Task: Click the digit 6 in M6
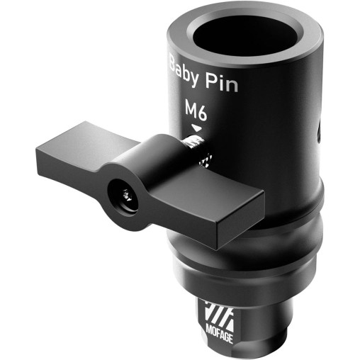(x=201, y=111)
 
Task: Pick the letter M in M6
(x=189, y=110)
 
